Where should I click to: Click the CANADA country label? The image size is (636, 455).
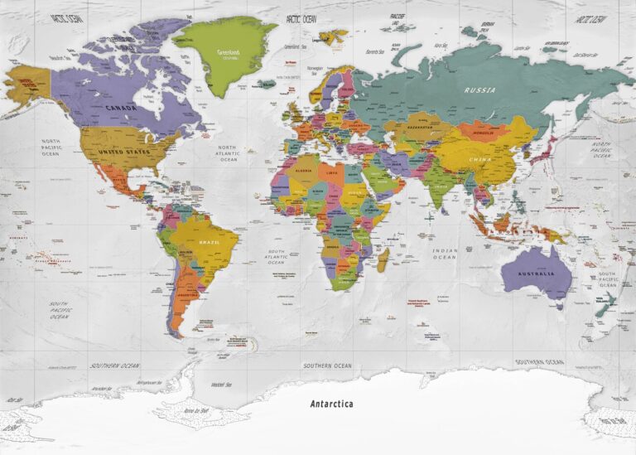[121, 107]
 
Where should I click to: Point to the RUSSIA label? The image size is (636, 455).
[479, 90]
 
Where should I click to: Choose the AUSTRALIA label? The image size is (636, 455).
[535, 273]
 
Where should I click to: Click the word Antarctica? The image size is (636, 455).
[331, 404]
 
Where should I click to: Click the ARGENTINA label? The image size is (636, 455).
[188, 295]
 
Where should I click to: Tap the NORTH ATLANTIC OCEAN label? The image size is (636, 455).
[227, 153]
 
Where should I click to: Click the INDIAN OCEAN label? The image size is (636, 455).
[444, 254]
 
